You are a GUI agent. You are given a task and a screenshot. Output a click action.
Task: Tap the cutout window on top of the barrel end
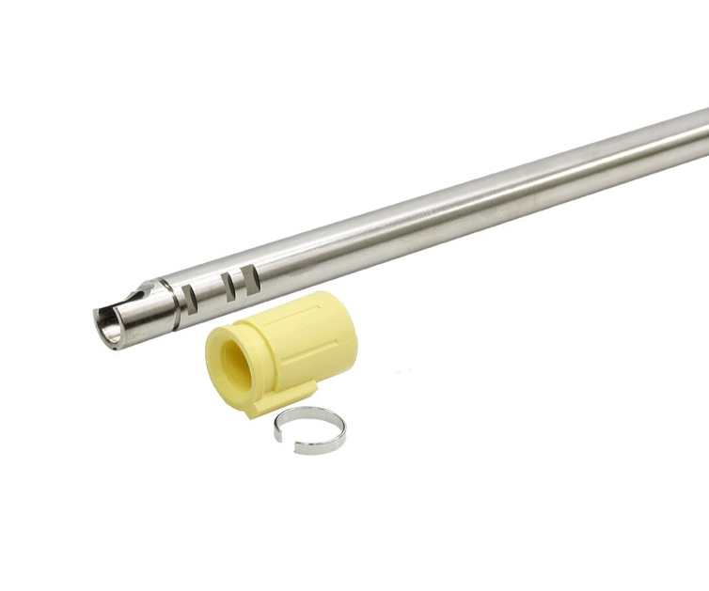(143, 288)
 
